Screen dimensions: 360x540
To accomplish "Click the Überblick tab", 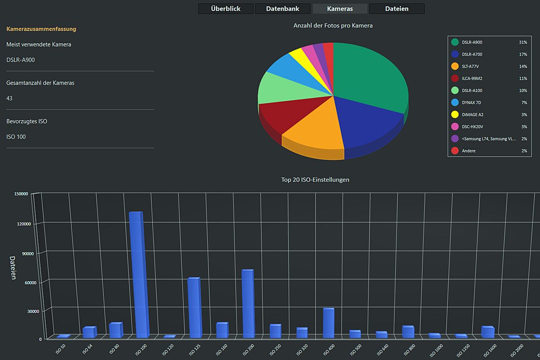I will [x=226, y=9].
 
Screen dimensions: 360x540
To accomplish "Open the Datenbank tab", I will [x=283, y=9].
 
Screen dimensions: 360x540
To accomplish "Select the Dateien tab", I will [x=396, y=9].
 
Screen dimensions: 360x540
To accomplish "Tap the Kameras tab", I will [x=340, y=9].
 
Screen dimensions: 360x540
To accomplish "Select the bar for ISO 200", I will [x=247, y=304].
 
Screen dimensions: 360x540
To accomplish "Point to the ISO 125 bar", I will [x=193, y=308].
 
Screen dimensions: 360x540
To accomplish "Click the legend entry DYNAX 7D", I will [x=472, y=103].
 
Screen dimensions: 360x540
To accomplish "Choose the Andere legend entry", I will [x=468, y=151].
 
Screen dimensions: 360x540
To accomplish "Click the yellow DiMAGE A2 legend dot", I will [x=454, y=115].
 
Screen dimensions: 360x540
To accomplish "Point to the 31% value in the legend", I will [x=523, y=42].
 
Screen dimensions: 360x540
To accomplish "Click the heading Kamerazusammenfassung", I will [x=41, y=29].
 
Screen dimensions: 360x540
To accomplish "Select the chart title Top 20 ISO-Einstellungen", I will [x=315, y=180].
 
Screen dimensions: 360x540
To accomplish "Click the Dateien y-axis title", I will [x=13, y=268].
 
